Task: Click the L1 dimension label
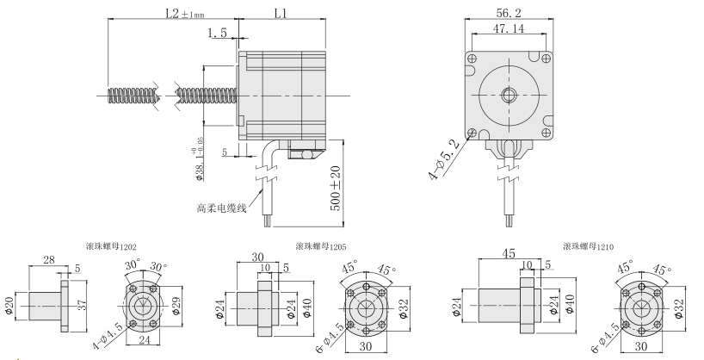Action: coord(281,14)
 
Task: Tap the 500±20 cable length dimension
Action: coord(337,189)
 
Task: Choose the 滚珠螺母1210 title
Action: coord(588,246)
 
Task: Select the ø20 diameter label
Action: coord(9,305)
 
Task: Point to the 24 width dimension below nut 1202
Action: coord(144,341)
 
